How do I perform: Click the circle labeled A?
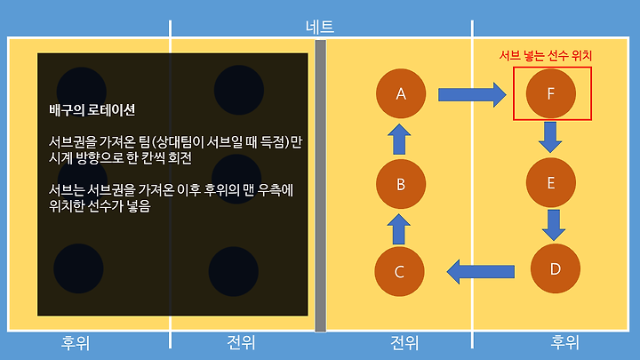401,93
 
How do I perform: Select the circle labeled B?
400,185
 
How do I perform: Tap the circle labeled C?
399,272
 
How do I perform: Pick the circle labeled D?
555,268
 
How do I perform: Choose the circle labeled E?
551,183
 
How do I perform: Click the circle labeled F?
551,92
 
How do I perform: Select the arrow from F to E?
551,138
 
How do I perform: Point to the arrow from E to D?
555,225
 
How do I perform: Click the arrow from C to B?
400,229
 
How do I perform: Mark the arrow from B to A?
400,140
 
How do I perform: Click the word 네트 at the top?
319,27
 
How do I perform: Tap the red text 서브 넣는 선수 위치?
545,55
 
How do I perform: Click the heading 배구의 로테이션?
92,111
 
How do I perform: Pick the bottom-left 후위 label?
76,342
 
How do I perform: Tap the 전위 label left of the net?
241,342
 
